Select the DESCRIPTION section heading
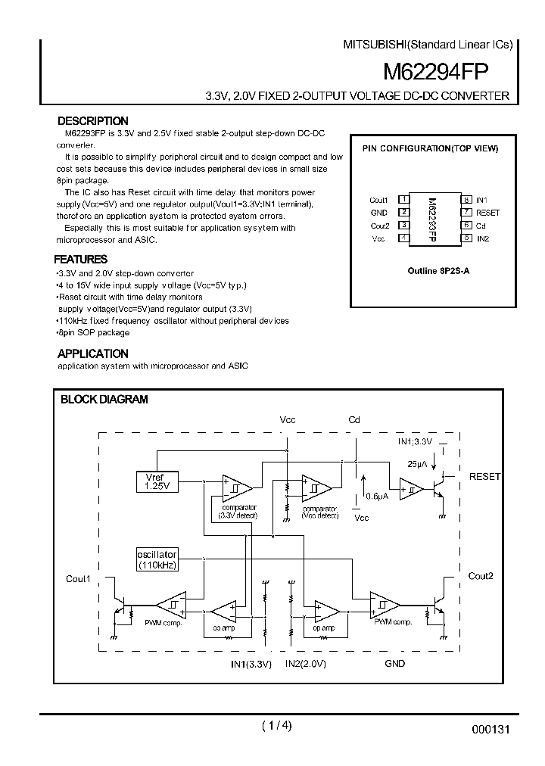pos(93,121)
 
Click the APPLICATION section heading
pos(93,353)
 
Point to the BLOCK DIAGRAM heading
pos(104,400)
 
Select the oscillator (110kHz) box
pos(157,559)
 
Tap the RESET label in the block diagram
pos(484,477)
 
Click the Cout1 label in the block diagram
pos(78,579)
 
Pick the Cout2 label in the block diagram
pos(480,576)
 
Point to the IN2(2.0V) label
pos(305,663)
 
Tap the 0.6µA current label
pos(377,497)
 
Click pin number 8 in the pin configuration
pos(468,200)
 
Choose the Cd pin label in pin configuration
pos(481,226)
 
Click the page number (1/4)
pos(276,726)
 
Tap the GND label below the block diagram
pos(394,663)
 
